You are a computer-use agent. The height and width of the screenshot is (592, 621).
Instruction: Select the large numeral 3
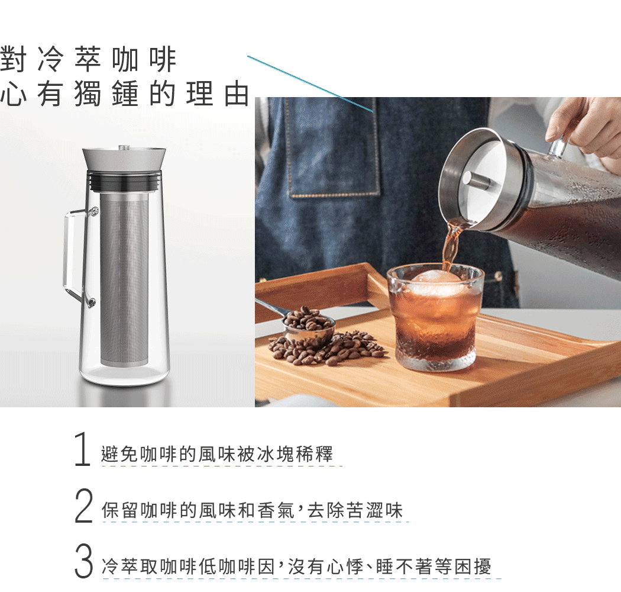83,561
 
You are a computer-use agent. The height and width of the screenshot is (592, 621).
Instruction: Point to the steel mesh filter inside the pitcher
124,279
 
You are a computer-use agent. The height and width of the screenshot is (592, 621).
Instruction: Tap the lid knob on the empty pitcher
124,147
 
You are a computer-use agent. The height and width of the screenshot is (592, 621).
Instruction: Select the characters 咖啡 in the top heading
144,60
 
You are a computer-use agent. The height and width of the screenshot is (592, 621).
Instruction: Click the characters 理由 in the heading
218,94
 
